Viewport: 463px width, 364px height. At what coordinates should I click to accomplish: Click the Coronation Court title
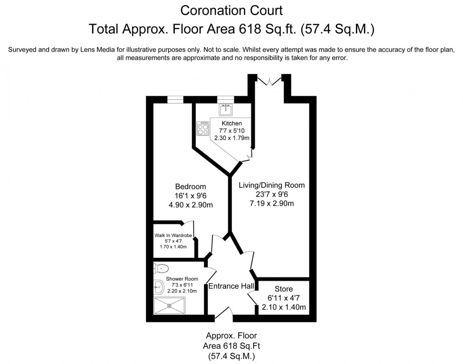pyautogui.click(x=231, y=9)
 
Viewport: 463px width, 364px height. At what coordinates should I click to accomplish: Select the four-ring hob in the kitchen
pyautogui.click(x=204, y=129)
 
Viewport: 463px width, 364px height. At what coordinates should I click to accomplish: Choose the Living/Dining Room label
pyautogui.click(x=272, y=185)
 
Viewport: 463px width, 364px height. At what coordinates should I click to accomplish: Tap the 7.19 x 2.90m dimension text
pyautogui.click(x=272, y=204)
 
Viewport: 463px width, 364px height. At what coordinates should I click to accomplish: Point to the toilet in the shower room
pyautogui.click(x=159, y=268)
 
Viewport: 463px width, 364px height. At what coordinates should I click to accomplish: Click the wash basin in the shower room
pyautogui.click(x=158, y=285)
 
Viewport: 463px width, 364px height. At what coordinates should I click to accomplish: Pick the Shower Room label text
pyautogui.click(x=182, y=279)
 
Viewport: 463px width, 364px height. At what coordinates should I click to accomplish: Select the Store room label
pyautogui.click(x=283, y=289)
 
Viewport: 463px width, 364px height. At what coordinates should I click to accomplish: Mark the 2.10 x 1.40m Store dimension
pyautogui.click(x=283, y=307)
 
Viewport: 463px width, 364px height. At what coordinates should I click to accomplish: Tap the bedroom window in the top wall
pyautogui.click(x=175, y=99)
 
